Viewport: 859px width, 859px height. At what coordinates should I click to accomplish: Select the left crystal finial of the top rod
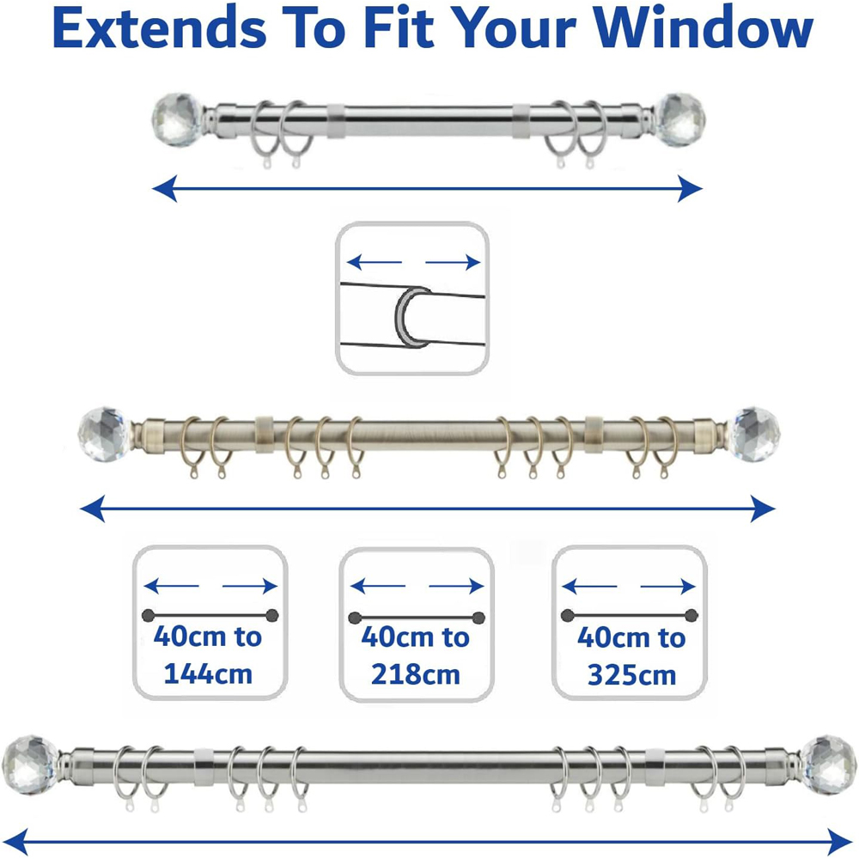pos(177,120)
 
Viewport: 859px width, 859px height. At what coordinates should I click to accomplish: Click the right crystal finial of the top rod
pos(679,119)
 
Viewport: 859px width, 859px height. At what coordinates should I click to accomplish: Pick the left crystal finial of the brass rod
pos(104,433)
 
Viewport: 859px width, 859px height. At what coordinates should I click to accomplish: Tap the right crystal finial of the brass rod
pos(754,433)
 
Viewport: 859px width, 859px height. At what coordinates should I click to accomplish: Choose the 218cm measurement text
pos(415,675)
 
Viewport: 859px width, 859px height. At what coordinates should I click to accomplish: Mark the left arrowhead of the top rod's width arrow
pos(165,189)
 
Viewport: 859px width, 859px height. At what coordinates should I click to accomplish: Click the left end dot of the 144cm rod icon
pos(149,615)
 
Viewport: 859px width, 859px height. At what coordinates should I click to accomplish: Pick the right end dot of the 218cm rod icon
pos(478,618)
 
